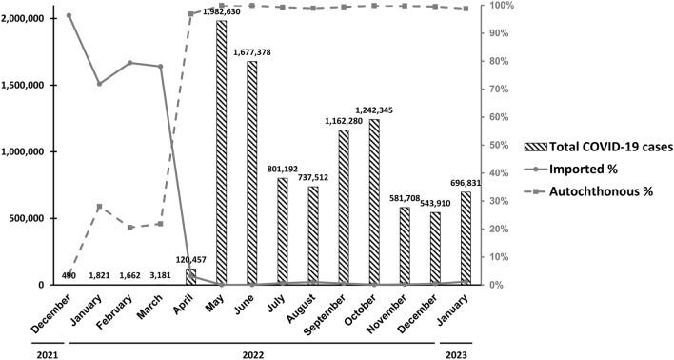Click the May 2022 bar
tap(221, 152)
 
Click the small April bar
tap(190, 277)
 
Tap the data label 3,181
tap(161, 275)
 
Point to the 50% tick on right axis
tap(497, 145)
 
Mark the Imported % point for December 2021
tap(69, 15)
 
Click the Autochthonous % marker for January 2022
tap(99, 207)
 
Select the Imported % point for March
tap(160, 67)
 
